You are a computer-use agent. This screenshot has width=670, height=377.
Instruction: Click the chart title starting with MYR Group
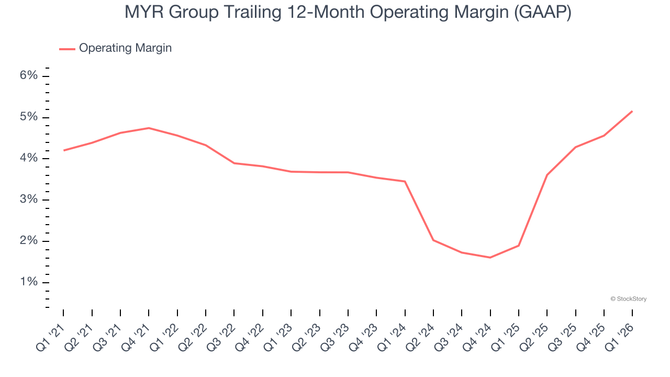click(348, 13)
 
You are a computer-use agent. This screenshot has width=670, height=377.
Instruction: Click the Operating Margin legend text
click(125, 48)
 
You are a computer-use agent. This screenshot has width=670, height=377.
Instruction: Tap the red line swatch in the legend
click(67, 49)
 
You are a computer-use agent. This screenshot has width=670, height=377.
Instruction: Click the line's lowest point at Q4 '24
click(490, 258)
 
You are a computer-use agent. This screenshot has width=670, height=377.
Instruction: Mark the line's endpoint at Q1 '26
click(632, 111)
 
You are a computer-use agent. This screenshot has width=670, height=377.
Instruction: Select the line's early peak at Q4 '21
click(149, 128)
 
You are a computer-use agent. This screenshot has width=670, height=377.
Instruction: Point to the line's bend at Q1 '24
click(405, 181)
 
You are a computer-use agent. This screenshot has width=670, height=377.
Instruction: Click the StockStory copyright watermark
click(628, 299)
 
